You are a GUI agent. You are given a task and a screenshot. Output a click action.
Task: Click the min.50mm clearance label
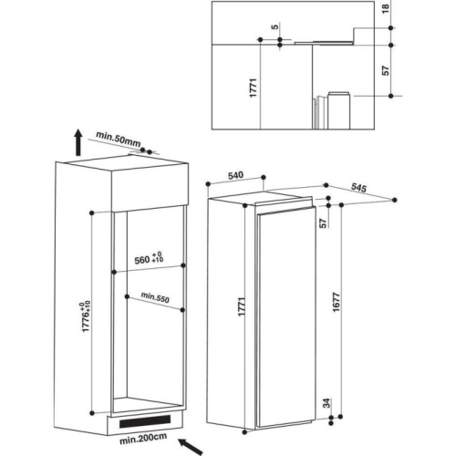coord(119,139)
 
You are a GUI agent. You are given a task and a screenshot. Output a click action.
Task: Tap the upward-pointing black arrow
coord(78,142)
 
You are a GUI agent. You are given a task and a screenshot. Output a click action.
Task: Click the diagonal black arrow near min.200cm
coord(191,447)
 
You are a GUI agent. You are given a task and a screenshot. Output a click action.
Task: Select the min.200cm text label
coord(143,439)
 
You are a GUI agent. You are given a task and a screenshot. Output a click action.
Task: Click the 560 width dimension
coord(149,258)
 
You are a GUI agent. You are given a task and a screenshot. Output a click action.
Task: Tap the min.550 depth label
coord(155,297)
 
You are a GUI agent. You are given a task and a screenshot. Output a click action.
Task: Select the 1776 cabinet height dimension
coord(86,316)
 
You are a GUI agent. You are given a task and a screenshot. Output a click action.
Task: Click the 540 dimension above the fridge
coord(235,175)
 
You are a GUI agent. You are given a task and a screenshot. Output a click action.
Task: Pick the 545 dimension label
coord(358,188)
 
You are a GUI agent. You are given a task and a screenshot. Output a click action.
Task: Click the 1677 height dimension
coord(336,303)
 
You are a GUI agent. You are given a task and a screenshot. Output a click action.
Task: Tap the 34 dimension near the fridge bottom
coord(326,403)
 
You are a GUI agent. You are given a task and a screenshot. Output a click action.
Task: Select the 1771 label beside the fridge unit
coord(242,306)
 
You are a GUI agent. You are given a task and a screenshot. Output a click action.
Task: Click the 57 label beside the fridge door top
coord(323,223)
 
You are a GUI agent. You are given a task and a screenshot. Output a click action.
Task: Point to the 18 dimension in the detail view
coord(386,8)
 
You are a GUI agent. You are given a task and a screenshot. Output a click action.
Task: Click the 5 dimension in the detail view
coord(275,26)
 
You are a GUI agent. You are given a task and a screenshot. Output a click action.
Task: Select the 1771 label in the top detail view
coord(254,88)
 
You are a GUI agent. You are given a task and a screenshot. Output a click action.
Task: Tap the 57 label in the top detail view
coord(386,70)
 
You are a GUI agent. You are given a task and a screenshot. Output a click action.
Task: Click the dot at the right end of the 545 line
coord(395,200)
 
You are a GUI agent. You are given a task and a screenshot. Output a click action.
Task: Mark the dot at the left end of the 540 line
coord(208,184)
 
